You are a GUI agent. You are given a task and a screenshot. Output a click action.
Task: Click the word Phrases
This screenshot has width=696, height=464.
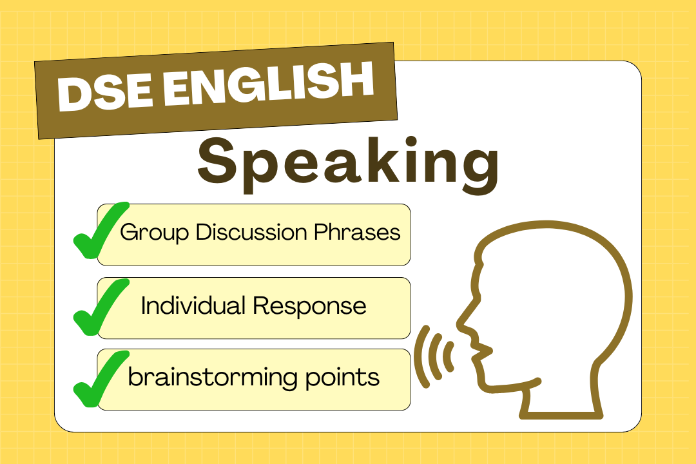(x=357, y=232)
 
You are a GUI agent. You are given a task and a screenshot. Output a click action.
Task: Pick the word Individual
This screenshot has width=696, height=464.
(x=194, y=305)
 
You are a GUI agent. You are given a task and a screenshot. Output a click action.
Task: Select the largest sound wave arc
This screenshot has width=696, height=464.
(x=423, y=356)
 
